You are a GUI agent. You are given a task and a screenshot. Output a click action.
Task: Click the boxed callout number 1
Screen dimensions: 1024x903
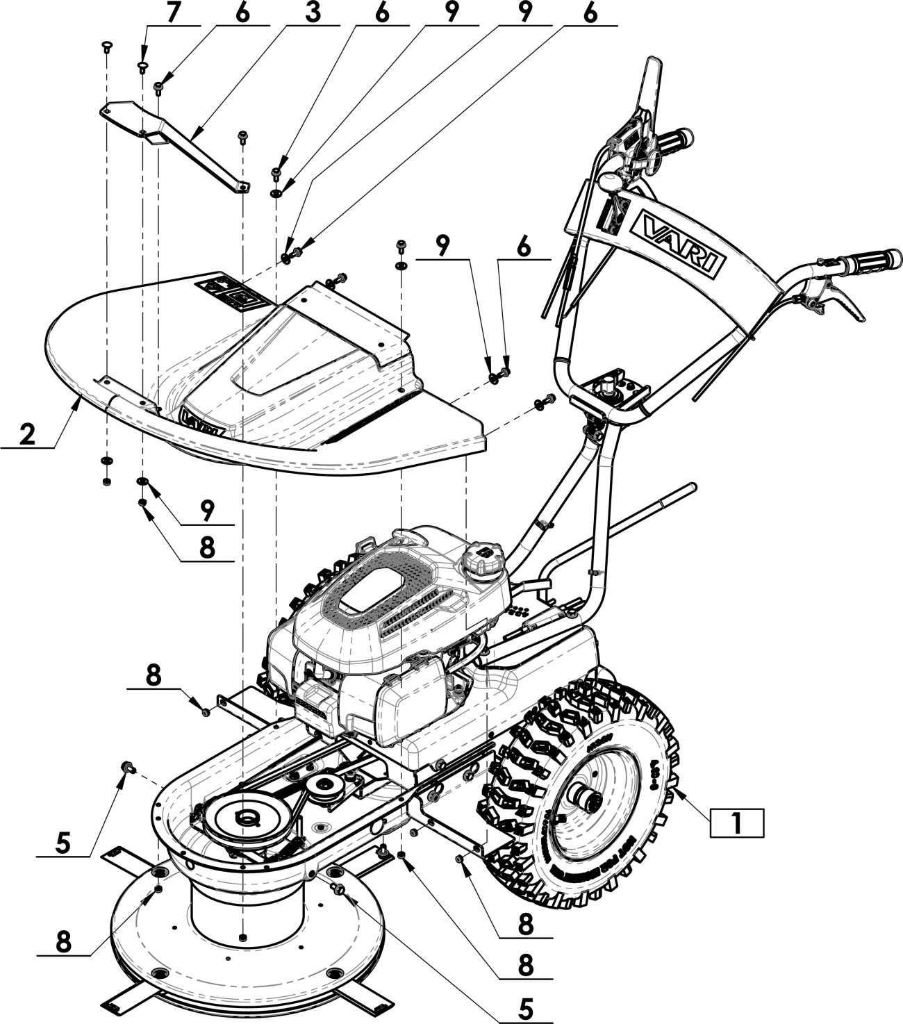tap(736, 823)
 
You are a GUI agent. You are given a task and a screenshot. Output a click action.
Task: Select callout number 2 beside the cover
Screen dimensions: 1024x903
tap(26, 434)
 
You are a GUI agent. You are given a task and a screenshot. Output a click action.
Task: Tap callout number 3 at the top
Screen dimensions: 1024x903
tap(313, 14)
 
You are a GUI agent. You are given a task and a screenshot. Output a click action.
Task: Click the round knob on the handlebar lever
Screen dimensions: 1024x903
tap(609, 183)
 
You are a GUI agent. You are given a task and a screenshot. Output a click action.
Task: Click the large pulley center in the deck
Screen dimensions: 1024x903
tap(244, 818)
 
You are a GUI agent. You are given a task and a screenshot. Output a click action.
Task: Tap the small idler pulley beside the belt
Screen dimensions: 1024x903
tap(323, 787)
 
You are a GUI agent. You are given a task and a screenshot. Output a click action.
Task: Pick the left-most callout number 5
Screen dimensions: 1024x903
tap(63, 843)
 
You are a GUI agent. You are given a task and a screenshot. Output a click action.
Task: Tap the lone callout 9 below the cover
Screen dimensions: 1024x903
tap(206, 511)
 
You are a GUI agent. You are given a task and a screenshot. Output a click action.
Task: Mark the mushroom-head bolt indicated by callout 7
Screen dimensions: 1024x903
tap(142, 65)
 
